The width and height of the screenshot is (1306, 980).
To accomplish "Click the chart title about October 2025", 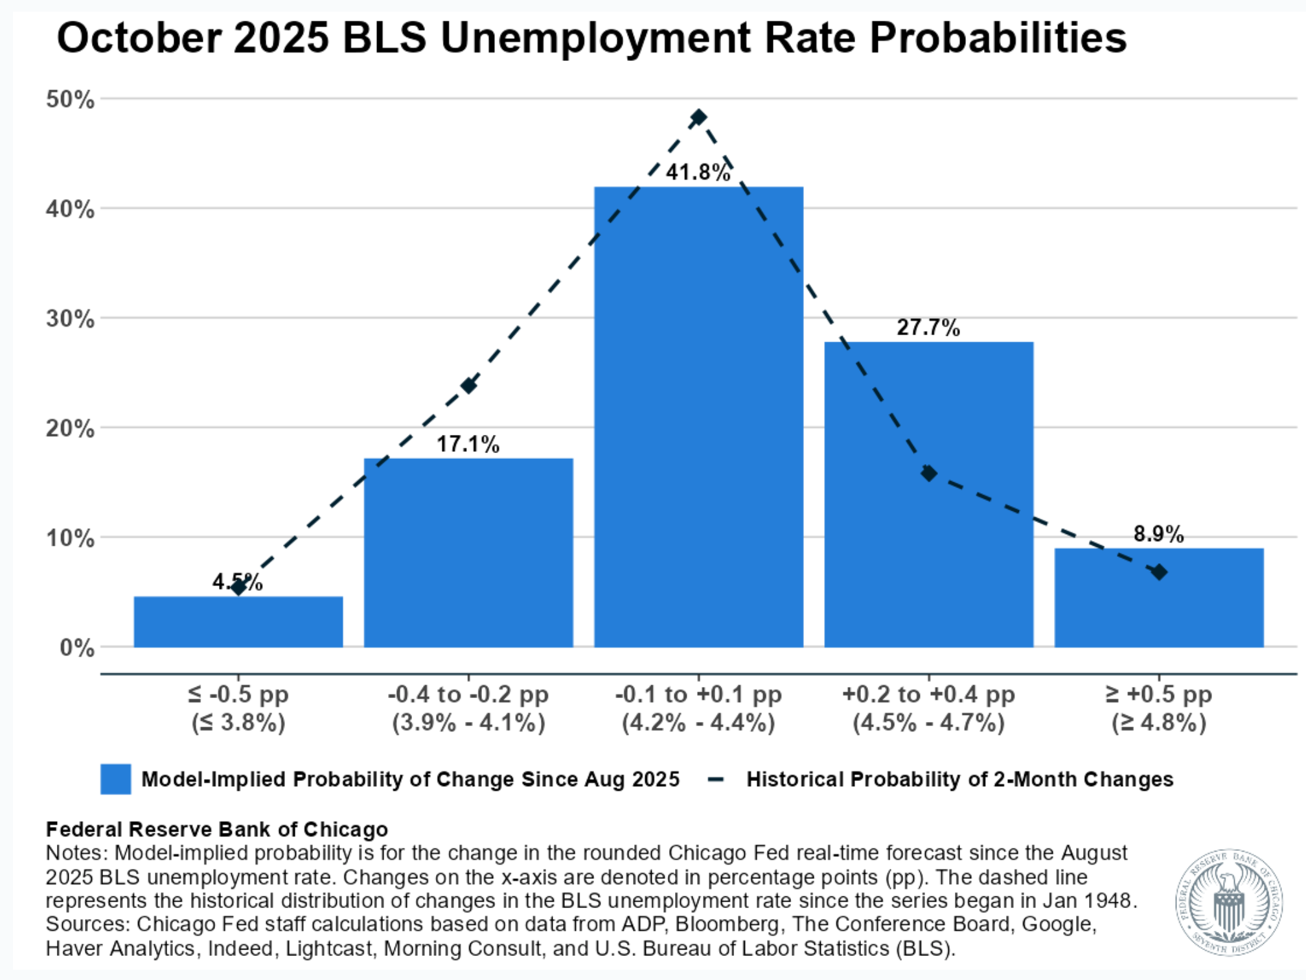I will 591,38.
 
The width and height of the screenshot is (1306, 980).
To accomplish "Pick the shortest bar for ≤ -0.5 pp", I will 238,622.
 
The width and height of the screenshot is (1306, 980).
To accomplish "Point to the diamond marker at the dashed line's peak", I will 698,117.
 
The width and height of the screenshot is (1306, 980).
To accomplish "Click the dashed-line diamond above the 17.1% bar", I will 468,386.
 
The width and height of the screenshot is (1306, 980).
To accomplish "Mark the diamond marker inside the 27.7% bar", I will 928,473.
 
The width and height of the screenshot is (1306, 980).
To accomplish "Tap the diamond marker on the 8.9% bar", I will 1158,572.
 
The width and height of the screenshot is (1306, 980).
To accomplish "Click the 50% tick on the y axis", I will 70,100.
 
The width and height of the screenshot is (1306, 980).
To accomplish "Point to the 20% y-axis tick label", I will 70,428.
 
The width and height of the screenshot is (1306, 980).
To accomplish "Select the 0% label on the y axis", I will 77,647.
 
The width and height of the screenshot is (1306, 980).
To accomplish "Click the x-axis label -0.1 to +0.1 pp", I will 698,694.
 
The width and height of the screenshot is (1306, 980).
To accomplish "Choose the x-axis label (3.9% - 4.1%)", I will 468,722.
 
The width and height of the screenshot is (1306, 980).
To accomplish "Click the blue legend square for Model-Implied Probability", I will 115,778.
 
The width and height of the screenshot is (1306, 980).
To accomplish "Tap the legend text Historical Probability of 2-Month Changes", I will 959,778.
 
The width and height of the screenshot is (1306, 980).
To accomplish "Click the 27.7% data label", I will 928,327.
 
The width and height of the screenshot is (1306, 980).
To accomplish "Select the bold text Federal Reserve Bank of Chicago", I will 216,829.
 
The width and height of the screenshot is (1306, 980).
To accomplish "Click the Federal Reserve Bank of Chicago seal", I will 1228,903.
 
